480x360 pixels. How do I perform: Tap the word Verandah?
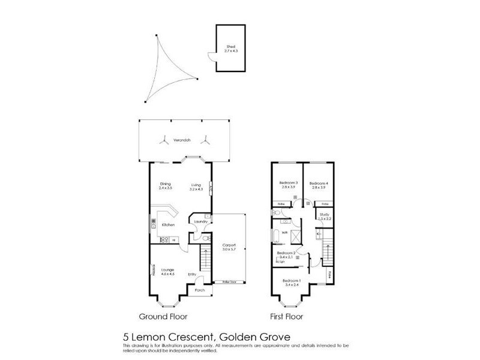[x=182, y=140]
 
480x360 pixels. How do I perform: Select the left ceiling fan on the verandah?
[x=163, y=140]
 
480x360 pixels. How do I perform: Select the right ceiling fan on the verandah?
[x=205, y=140]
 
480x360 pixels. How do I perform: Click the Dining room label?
[x=166, y=186]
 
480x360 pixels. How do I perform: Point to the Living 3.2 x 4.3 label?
[x=196, y=187]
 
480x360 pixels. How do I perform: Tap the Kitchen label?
[x=168, y=224]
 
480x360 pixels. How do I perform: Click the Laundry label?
[x=201, y=221]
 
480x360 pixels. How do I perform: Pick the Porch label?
[x=199, y=290]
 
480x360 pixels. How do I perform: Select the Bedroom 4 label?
[x=319, y=185]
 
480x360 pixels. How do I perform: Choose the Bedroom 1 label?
[x=291, y=283]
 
